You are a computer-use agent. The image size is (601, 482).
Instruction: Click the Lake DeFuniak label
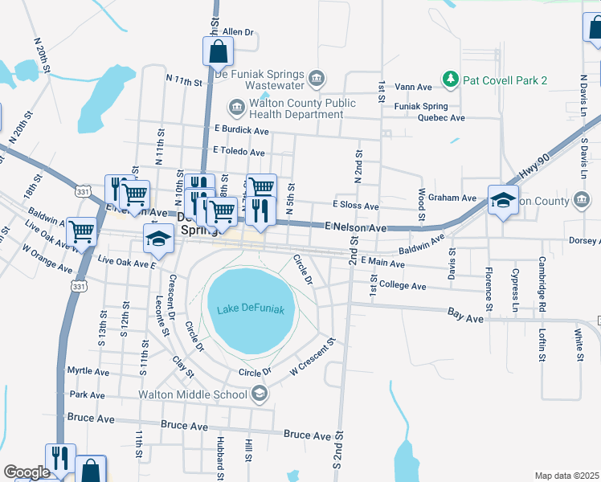[x=251, y=308]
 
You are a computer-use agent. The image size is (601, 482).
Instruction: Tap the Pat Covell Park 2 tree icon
[x=450, y=80]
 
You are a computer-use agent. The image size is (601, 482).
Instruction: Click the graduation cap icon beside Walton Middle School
[x=259, y=394]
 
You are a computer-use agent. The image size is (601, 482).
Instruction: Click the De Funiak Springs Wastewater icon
[x=317, y=79]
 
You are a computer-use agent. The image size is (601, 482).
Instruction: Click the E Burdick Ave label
[x=241, y=130]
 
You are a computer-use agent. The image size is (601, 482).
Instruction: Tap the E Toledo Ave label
[x=239, y=151]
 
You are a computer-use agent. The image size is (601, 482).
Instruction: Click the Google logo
[x=27, y=472]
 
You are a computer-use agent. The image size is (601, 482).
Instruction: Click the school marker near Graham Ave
[x=503, y=199]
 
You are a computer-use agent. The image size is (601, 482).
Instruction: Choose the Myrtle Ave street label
[x=88, y=371]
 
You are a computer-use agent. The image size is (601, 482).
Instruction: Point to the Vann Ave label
[x=414, y=87]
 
